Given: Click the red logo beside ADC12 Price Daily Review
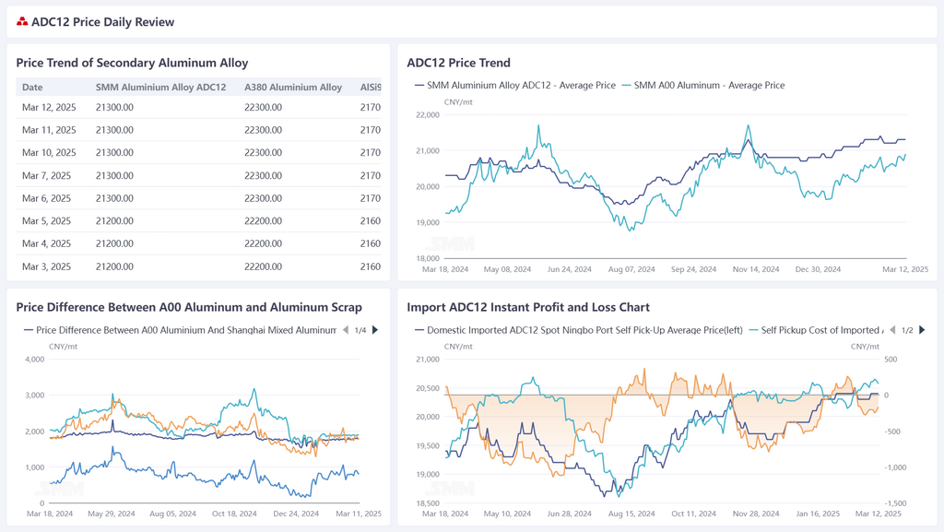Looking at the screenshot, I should (x=22, y=22).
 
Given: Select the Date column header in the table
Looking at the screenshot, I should (x=32, y=88).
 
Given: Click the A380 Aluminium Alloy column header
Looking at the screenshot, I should (x=293, y=88).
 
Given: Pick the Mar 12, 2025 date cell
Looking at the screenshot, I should (x=49, y=107).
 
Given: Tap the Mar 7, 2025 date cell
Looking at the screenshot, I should (x=46, y=175).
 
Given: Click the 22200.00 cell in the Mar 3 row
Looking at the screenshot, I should (x=263, y=266).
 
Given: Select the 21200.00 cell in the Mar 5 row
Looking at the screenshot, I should (x=114, y=221).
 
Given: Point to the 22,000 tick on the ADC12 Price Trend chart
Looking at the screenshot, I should (x=427, y=115).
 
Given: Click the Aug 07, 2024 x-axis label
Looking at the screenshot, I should (x=631, y=270).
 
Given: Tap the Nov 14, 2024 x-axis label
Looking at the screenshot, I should (x=756, y=270).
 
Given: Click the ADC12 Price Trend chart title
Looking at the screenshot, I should (x=458, y=63).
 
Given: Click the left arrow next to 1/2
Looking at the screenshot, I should (x=891, y=330).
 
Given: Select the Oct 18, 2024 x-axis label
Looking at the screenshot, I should (x=235, y=514).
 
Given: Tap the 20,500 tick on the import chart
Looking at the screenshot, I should (x=427, y=388).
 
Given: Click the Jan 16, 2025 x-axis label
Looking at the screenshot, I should (x=818, y=514).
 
